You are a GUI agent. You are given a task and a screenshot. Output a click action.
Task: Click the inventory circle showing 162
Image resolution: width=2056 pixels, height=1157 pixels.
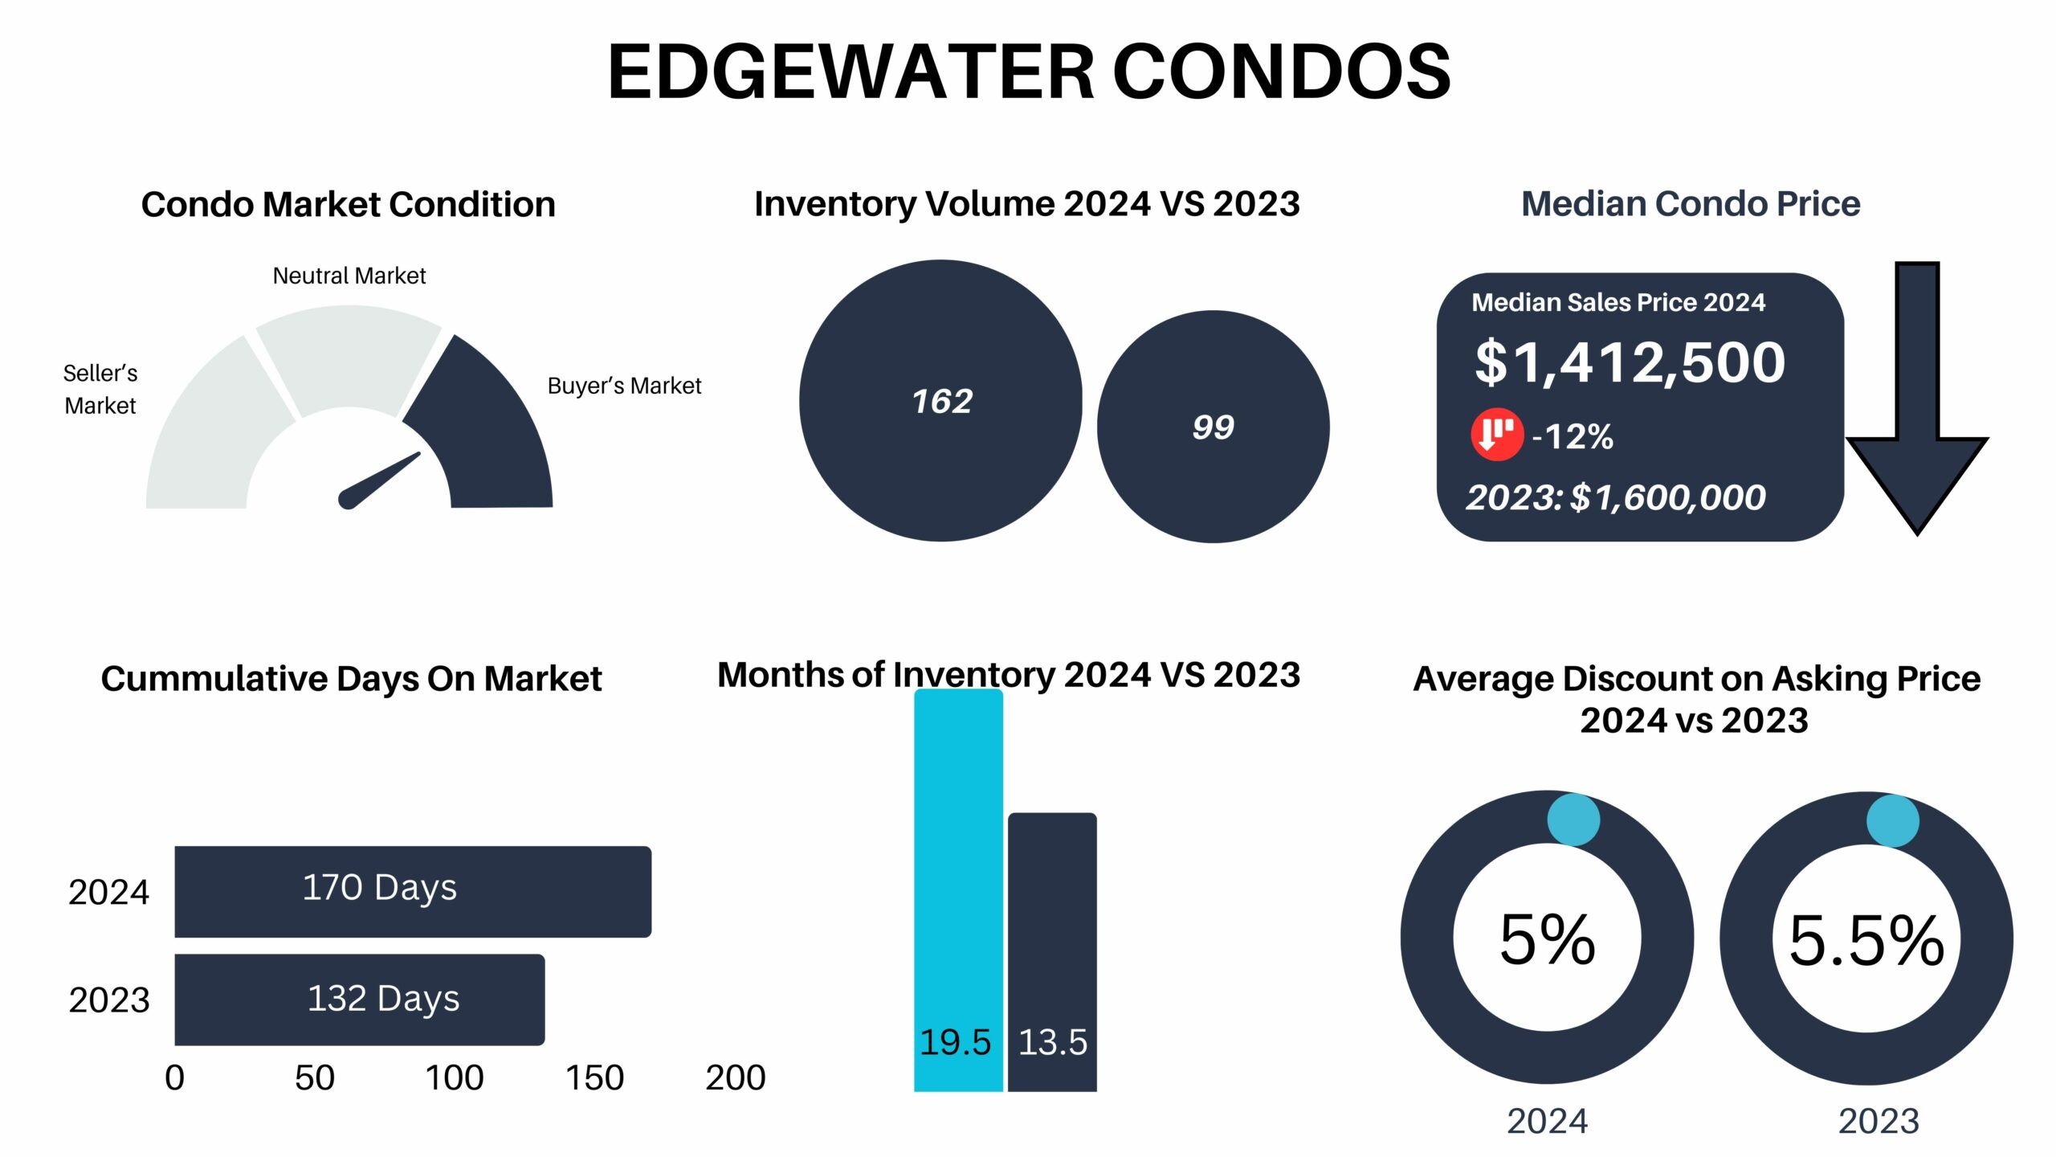pos(940,400)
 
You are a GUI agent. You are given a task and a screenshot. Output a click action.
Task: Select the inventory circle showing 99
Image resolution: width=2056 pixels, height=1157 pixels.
pos(1213,427)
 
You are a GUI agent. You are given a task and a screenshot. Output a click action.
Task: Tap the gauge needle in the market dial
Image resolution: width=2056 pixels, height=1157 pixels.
pos(379,480)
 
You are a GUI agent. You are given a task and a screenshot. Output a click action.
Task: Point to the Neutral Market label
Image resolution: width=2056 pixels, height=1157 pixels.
pos(349,276)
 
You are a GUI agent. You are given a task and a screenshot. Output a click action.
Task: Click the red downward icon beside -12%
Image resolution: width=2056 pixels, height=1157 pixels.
pos(1497,435)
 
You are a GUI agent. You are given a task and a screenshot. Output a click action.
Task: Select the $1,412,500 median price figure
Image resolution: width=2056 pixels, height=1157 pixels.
pos(1630,362)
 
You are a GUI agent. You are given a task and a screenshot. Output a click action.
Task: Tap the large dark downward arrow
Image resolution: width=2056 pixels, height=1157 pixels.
pos(1917,398)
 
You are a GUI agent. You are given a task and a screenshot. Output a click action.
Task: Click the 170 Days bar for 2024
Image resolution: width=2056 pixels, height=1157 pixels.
pos(413,891)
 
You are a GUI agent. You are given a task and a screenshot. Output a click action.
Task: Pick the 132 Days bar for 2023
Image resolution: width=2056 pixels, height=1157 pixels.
pos(360,1000)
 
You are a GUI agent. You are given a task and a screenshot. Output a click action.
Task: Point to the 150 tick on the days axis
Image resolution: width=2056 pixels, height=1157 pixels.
pos(594,1077)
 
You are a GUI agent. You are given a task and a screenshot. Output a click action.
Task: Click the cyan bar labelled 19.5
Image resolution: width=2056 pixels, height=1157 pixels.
pos(958,890)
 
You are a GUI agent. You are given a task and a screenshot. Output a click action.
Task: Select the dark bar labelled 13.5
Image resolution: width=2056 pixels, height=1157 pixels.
pos(1052,952)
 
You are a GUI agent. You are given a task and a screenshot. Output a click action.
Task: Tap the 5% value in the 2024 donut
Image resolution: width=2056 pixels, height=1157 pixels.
pos(1548,939)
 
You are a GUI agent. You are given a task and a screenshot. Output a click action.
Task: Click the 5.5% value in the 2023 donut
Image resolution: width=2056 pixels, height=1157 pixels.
pos(1866,940)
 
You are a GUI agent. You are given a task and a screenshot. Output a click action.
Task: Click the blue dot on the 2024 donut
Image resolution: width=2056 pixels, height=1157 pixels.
pos(1573,820)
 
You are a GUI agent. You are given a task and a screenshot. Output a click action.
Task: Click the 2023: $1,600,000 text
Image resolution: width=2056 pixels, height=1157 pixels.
pos(1616,497)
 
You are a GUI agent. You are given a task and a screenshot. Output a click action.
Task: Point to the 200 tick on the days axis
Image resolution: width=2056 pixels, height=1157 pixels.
pos(736,1077)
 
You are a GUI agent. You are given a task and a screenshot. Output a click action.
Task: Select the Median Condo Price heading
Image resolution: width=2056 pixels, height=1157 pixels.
pos(1691,204)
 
